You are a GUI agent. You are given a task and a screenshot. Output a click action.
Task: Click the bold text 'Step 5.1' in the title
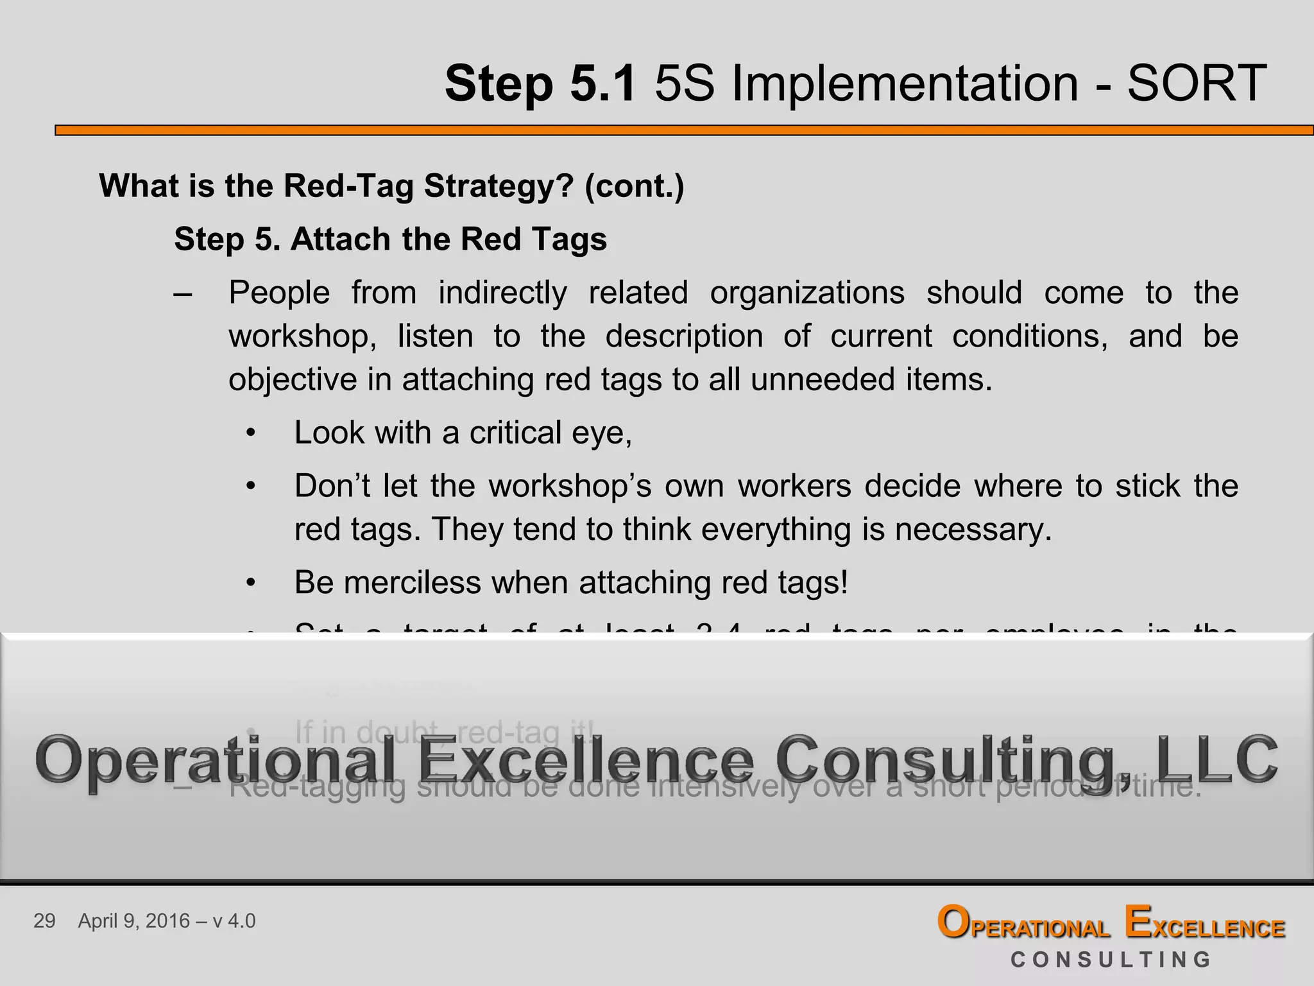(541, 83)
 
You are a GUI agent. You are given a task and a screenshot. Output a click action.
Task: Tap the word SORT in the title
(1197, 83)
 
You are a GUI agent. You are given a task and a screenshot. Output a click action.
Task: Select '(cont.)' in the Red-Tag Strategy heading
(634, 186)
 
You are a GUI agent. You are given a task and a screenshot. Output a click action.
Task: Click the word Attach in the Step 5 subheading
(341, 239)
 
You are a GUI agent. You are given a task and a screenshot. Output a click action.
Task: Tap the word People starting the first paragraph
(279, 293)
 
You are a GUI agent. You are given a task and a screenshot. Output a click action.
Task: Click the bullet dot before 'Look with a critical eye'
(251, 433)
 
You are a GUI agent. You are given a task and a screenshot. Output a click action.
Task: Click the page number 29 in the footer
(44, 921)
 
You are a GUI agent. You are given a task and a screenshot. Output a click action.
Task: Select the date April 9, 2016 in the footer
(134, 921)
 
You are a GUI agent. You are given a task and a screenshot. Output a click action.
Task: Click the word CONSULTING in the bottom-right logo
(1111, 960)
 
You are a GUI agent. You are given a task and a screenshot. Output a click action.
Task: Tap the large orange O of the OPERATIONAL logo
(953, 922)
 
